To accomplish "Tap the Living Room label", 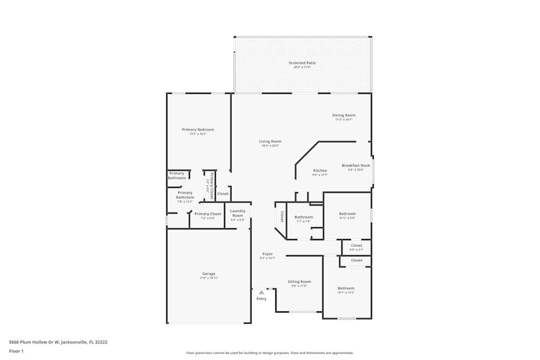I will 270,142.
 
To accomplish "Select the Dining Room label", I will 343,116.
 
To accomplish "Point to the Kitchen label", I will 320,171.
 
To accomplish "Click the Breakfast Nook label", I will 356,166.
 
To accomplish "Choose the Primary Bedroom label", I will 198,130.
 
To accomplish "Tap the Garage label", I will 208,274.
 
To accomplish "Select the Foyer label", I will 267,254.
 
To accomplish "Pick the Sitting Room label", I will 299,282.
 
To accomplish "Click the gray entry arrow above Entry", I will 261,292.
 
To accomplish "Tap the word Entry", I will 261,298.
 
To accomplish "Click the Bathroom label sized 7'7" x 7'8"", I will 303,217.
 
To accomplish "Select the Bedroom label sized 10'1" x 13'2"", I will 346,288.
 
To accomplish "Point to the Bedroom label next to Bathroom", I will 347,214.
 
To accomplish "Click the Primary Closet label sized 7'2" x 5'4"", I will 208,214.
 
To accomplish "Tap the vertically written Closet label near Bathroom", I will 281,216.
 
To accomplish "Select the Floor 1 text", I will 16,351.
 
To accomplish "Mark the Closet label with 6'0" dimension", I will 356,246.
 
